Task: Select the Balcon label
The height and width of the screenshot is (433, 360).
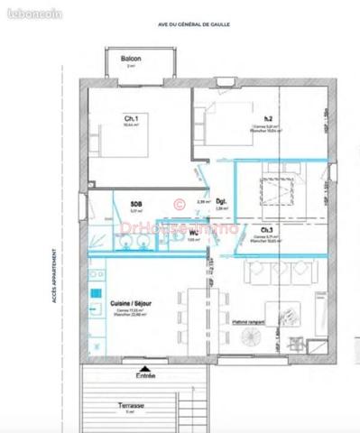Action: pos(131,60)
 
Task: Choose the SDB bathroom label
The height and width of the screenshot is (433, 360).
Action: pos(135,205)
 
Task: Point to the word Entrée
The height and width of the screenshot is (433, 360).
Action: pos(144,374)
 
